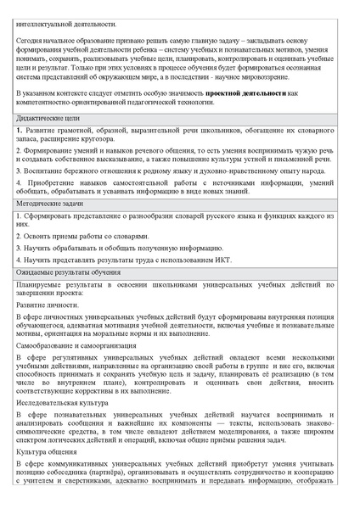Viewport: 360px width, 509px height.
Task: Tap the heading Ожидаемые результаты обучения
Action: [67, 272]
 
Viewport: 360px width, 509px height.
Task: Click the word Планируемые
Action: [48, 286]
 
